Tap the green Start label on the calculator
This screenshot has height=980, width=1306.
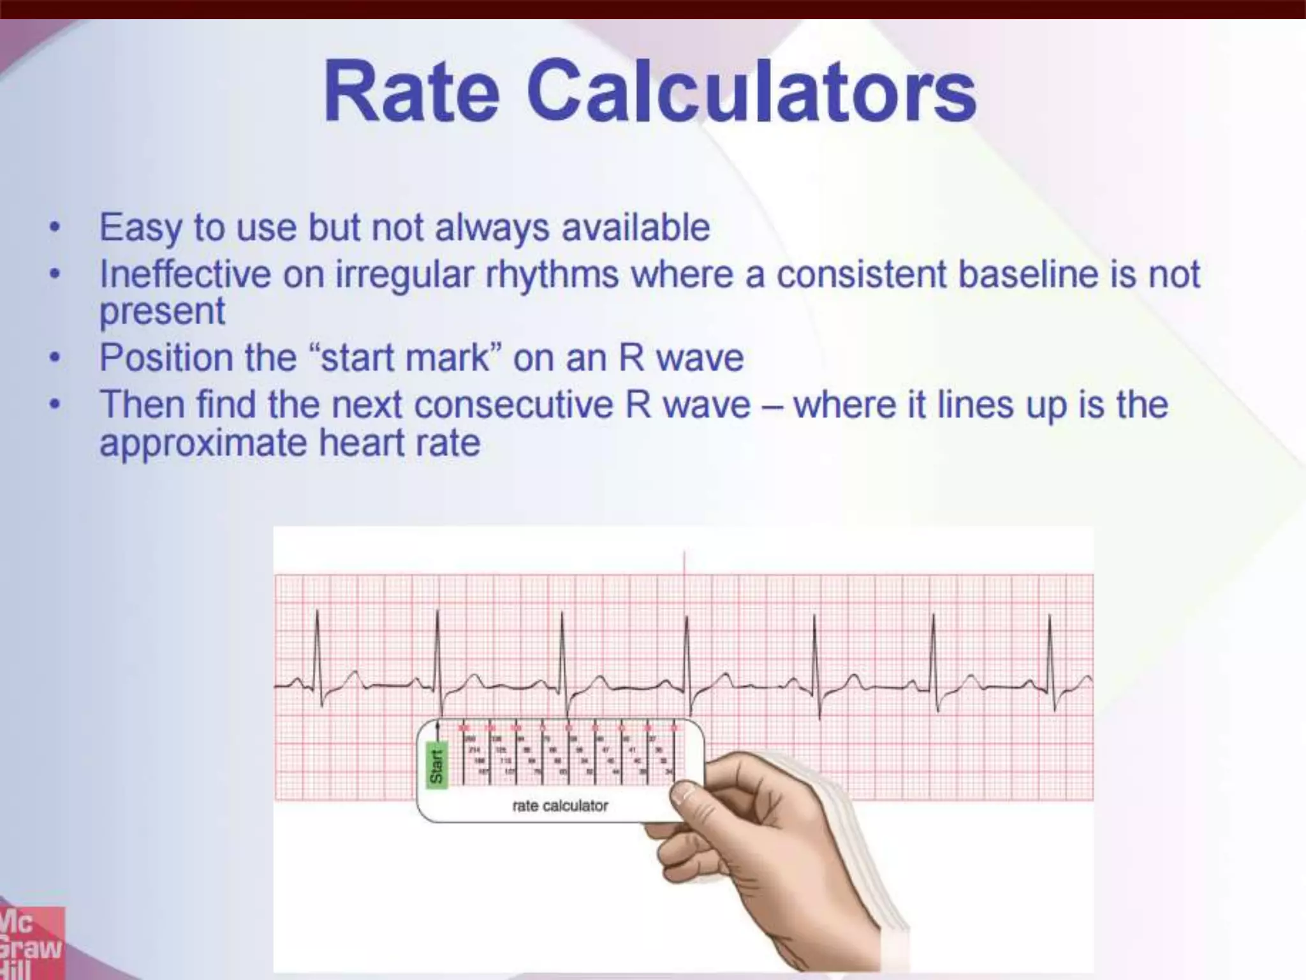click(x=437, y=766)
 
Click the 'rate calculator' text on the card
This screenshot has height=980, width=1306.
click(x=560, y=806)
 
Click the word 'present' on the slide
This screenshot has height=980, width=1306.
click(x=162, y=311)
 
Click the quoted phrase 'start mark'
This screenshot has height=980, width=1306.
click(x=406, y=358)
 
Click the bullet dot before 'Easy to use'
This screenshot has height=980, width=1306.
click(x=56, y=227)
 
